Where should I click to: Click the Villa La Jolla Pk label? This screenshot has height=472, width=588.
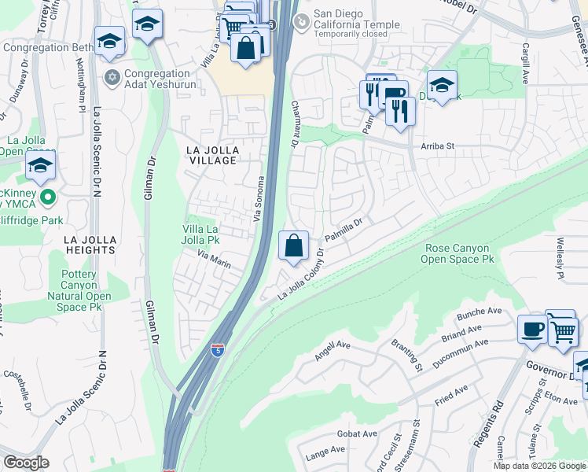tap(201, 234)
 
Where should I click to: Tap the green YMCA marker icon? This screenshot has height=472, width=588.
tap(47, 197)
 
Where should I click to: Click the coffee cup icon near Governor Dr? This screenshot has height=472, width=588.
tap(532, 328)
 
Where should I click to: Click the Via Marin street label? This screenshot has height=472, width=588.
tap(213, 260)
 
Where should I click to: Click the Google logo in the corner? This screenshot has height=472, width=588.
tap(27, 462)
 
